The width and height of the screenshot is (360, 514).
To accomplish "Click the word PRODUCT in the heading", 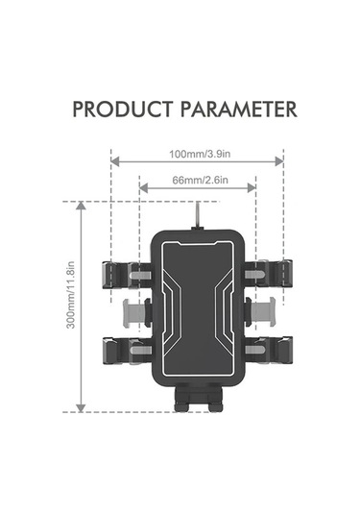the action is (x=122, y=110).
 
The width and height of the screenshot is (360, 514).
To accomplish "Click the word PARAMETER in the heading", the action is (x=239, y=110).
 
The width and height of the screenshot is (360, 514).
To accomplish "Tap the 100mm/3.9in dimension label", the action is (x=200, y=154).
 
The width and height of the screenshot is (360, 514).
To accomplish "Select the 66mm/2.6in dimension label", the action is (x=200, y=180).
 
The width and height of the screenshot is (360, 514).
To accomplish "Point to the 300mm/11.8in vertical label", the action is (x=71, y=295).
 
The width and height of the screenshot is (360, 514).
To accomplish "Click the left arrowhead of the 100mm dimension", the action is (x=114, y=161).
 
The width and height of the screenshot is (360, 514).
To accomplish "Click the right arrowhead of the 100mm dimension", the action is (x=279, y=161).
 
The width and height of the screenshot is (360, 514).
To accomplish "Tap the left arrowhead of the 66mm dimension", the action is (x=143, y=188).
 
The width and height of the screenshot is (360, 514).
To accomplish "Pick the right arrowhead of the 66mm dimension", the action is (x=252, y=188).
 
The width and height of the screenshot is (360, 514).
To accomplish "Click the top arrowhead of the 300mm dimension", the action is (x=81, y=206).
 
